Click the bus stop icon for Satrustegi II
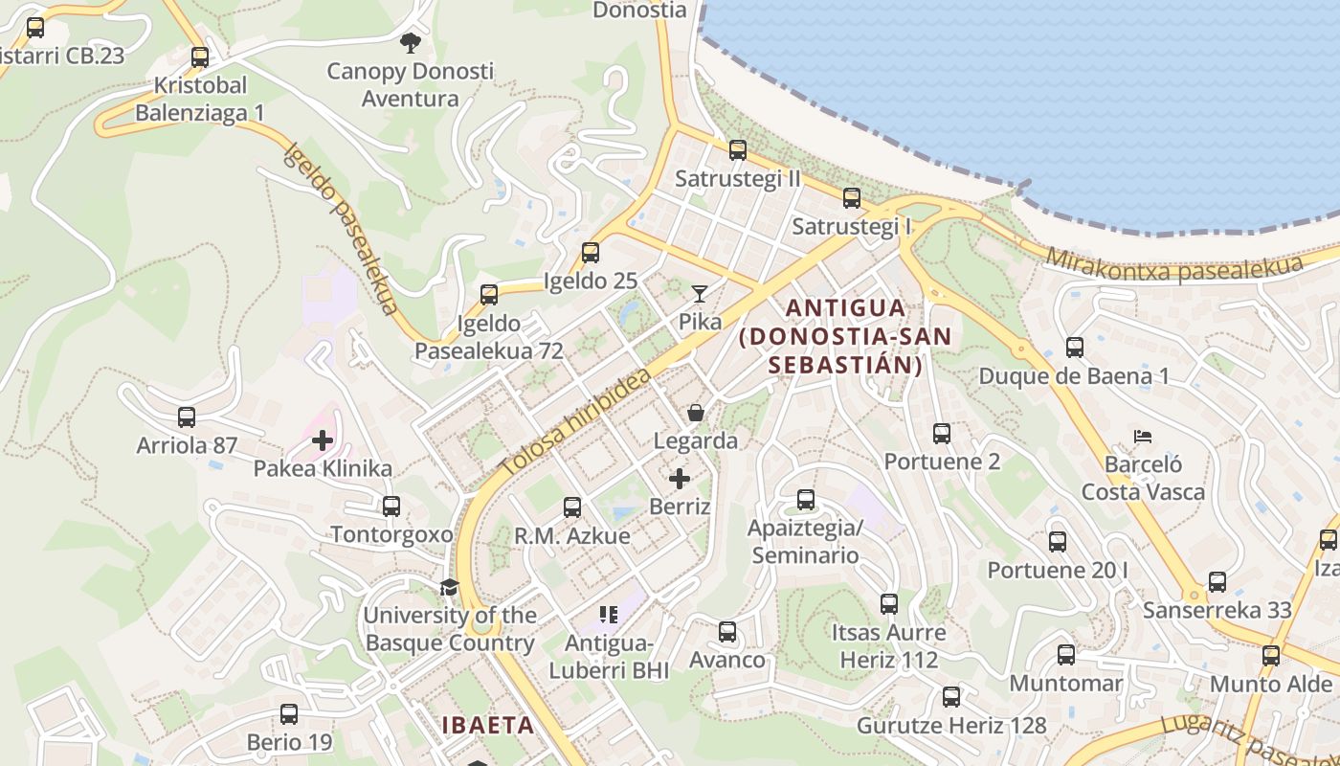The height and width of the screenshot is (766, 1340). [737, 150]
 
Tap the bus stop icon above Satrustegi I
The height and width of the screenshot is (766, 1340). [851, 198]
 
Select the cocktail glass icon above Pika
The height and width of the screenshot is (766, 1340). [700, 294]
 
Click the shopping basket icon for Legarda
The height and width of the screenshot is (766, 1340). [696, 413]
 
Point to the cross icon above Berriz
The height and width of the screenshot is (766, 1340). [680, 478]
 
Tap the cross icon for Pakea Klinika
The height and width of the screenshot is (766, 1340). [323, 440]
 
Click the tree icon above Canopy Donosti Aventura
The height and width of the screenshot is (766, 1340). [411, 42]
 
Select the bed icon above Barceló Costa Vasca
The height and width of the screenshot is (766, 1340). [1143, 437]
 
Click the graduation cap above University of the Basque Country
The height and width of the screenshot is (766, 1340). [449, 587]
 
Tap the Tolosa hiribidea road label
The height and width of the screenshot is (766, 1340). [574, 421]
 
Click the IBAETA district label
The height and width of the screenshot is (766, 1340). [488, 725]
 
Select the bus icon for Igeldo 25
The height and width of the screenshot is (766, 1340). [591, 253]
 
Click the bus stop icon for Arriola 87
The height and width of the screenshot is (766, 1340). [187, 417]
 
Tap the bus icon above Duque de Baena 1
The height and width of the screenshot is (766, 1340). [1074, 348]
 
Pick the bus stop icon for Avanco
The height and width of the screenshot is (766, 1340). [727, 632]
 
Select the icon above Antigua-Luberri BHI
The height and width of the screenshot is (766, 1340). [609, 614]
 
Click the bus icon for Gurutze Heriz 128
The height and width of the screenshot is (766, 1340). [950, 697]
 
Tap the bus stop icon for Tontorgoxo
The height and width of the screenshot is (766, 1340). [391, 507]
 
